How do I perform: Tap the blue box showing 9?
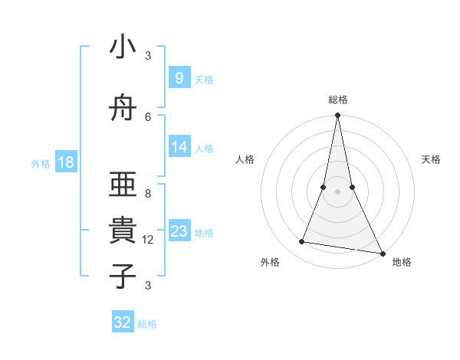[179, 78]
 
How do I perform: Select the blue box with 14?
[179, 147]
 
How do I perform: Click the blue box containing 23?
[179, 231]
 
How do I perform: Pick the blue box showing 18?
[66, 162]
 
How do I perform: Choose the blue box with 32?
[123, 322]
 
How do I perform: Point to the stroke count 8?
[148, 194]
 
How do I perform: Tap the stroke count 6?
[148, 116]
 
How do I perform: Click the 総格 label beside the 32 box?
[147, 324]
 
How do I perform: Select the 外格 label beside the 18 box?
[41, 164]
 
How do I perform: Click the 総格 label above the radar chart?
[337, 100]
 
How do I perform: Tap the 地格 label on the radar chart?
[402, 262]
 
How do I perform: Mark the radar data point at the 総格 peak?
[337, 116]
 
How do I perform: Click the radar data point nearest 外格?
[302, 242]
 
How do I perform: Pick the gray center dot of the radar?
[337, 191]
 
